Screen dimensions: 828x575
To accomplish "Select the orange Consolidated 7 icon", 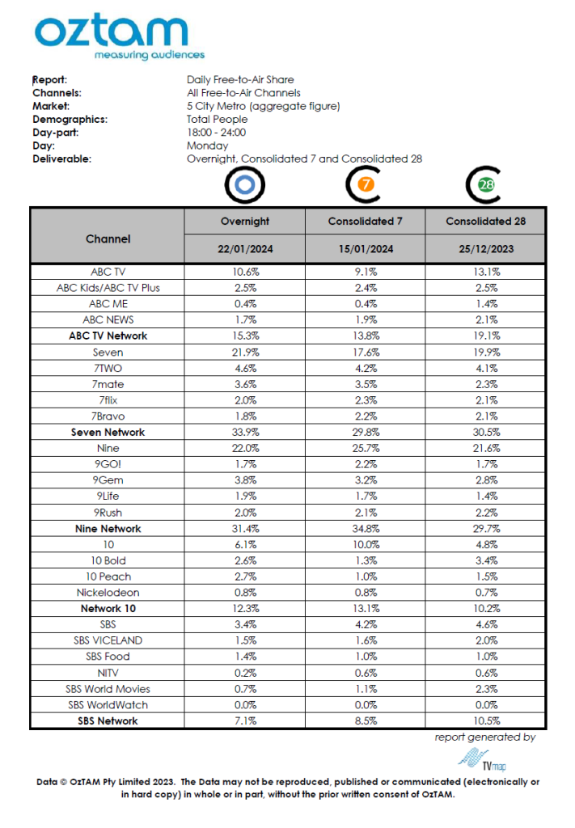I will tap(365, 185).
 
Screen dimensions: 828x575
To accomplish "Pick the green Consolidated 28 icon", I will tap(485, 185).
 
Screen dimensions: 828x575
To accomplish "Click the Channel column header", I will tap(108, 239).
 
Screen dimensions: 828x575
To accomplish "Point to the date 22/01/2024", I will tap(245, 249).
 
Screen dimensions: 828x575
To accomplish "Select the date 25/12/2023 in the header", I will tap(485, 249).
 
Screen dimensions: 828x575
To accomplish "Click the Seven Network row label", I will tap(108, 432).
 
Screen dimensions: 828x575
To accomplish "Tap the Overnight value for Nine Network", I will tap(245, 528).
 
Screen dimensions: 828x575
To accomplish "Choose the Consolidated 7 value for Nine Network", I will tap(365, 528).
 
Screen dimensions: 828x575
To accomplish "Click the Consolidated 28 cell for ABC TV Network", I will tap(485, 336).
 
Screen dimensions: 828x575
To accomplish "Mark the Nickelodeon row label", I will tap(108, 592).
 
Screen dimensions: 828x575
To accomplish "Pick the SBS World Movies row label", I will tap(108, 689).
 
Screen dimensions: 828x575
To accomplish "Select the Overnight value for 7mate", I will tap(245, 384).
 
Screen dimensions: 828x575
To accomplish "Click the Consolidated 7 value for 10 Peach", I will tap(365, 577).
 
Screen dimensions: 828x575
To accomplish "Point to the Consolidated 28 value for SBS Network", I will tap(485, 720).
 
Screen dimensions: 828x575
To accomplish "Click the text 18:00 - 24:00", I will tap(216, 133).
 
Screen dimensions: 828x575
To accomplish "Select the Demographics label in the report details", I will tap(70, 120).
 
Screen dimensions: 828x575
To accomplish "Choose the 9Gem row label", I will tap(108, 480).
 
